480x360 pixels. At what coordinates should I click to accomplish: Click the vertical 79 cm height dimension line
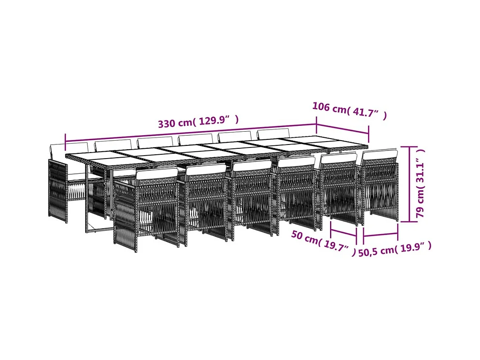[x=409, y=184]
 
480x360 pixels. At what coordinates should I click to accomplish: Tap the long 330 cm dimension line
[x=191, y=133]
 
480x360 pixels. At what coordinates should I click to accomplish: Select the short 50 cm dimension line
[x=343, y=232]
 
